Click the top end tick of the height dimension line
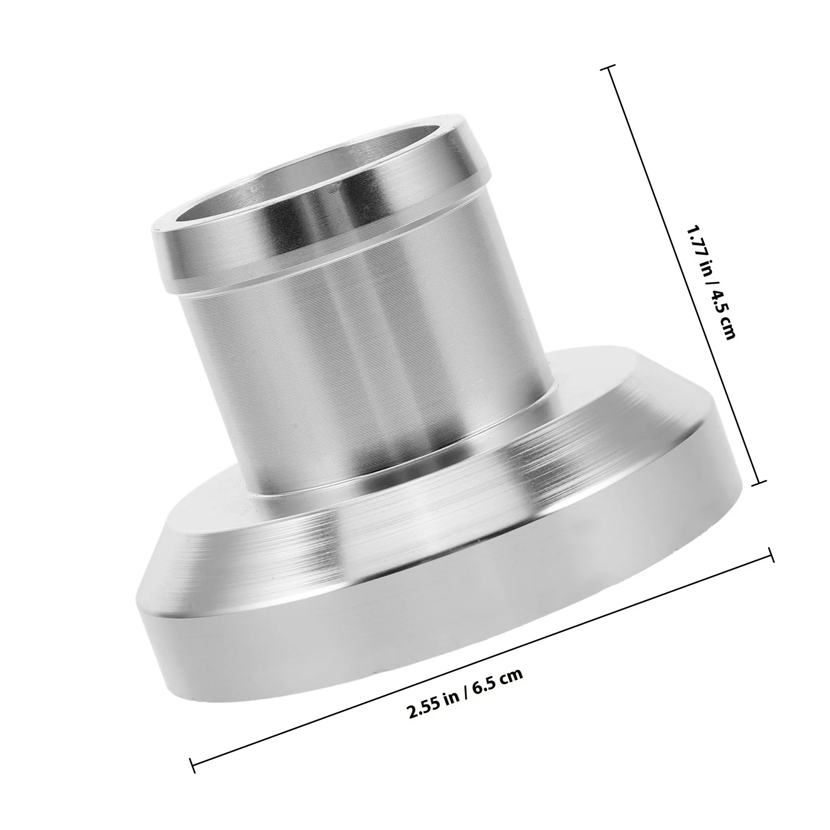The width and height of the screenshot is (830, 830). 608,68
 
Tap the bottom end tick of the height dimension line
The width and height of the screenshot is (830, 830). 758,482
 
